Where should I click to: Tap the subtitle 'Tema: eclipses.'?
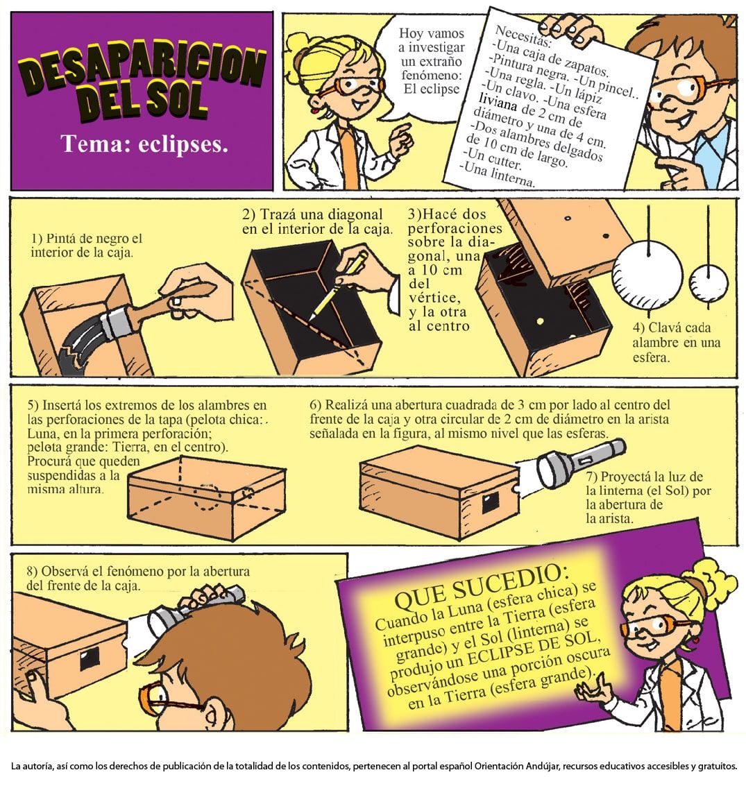(x=144, y=144)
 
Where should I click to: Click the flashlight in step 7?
(x=574, y=465)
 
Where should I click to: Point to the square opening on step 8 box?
(x=90, y=660)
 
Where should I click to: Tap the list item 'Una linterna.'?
(x=498, y=175)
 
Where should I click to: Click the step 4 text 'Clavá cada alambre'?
(x=675, y=335)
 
